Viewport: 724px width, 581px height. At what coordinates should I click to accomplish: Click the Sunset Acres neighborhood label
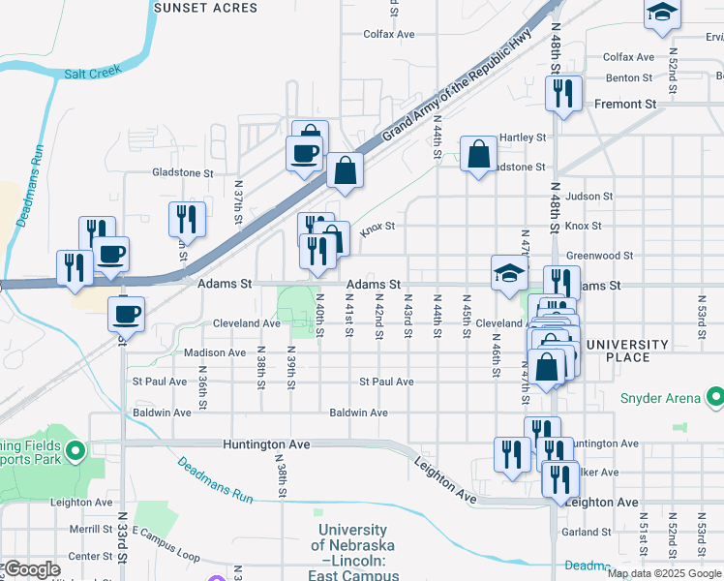pos(205,8)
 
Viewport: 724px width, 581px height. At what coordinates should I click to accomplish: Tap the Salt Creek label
pos(89,73)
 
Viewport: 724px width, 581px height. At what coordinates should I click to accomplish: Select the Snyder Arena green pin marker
pos(715,397)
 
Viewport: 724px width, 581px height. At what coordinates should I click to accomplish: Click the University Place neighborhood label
pos(627,351)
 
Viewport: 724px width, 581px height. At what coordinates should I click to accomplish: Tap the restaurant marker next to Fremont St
pos(562,94)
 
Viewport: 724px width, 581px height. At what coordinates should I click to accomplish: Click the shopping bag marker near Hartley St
pos(478,154)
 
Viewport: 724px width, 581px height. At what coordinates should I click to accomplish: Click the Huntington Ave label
pos(266,444)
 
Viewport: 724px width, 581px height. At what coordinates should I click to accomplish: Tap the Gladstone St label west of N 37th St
pos(182,172)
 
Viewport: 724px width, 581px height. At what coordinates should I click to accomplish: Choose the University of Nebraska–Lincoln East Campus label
pos(352,553)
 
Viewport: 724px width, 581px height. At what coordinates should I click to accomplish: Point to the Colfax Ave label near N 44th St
pos(388,34)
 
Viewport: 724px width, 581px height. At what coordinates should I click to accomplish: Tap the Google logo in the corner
pos(32,569)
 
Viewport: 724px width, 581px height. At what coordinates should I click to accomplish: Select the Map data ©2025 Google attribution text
pos(664,573)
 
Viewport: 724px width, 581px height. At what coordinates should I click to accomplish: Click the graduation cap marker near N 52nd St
pos(663,14)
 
